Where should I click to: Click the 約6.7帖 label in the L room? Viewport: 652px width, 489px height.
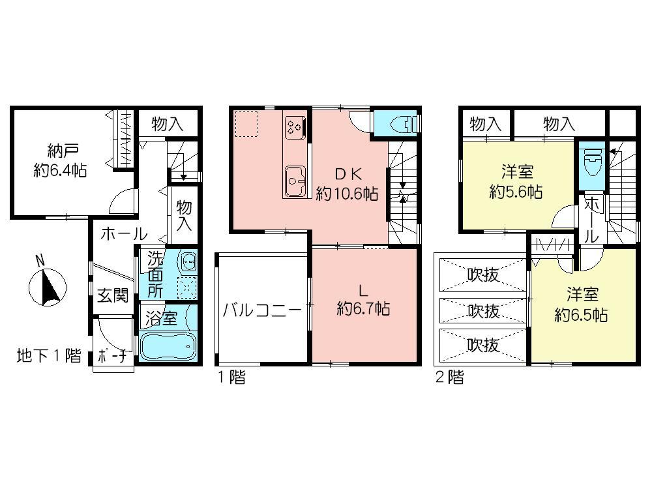[363, 310]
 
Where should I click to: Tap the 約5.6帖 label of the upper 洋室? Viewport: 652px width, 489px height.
[516, 192]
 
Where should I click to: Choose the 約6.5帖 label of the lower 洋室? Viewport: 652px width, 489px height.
[581, 315]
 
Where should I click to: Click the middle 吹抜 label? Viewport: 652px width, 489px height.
[483, 311]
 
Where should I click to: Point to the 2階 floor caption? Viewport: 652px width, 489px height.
[451, 377]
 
